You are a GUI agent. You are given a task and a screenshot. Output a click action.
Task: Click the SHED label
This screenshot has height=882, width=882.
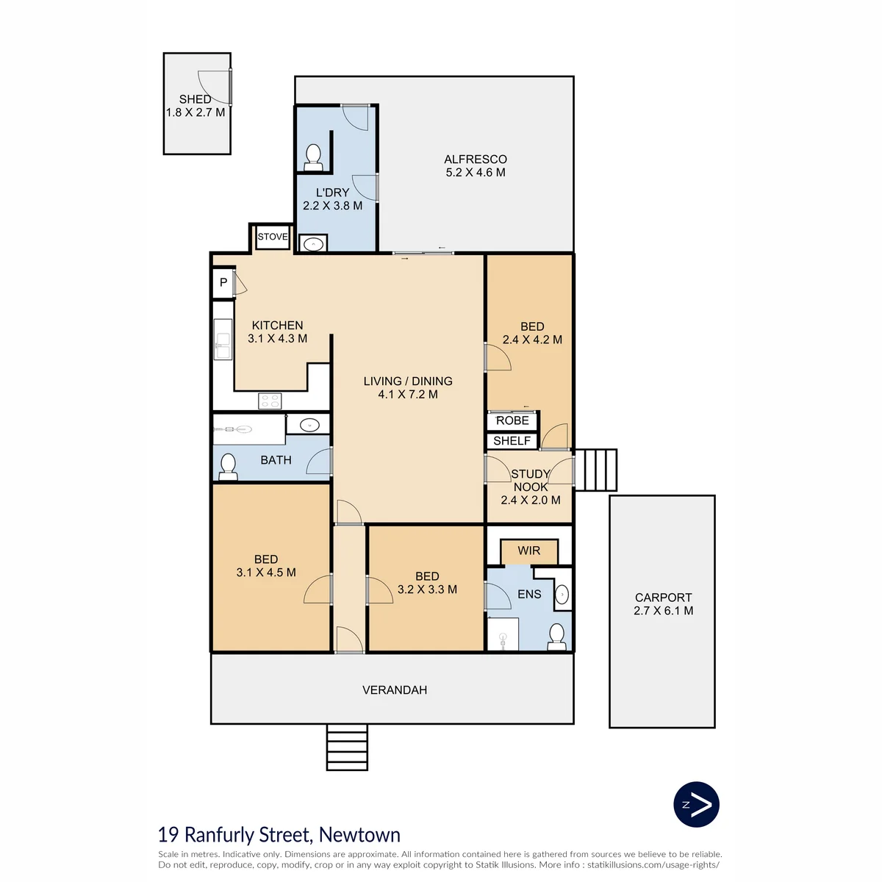[x=195, y=99]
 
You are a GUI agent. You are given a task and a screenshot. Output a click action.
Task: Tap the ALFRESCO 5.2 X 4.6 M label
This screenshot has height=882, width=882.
[x=475, y=165]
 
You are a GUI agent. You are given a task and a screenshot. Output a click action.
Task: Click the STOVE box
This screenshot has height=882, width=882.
[x=273, y=237]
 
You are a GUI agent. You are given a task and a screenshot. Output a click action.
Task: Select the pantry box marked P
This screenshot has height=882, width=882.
[x=223, y=282]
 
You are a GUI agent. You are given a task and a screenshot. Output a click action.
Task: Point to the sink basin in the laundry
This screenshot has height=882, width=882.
[x=314, y=244]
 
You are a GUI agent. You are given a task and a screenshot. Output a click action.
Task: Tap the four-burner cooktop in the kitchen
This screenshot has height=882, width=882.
[x=270, y=401]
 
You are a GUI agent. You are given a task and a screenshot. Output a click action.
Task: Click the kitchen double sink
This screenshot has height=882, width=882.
[x=223, y=339]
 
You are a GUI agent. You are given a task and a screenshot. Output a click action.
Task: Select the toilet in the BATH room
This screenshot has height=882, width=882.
[x=228, y=467]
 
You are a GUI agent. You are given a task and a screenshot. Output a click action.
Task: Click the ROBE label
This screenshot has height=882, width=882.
[x=512, y=420]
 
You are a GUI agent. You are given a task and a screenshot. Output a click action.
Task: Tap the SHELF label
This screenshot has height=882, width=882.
[x=512, y=441]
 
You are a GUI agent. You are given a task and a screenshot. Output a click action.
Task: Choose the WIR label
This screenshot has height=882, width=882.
[x=528, y=551]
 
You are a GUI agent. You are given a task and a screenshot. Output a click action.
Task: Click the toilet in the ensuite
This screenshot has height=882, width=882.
[x=556, y=637]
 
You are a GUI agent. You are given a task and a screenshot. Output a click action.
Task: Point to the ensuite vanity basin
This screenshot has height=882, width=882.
[x=562, y=595]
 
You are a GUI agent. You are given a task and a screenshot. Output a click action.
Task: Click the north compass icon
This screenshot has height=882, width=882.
[x=696, y=804]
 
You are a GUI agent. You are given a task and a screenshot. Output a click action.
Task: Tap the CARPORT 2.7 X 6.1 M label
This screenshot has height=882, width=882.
[x=663, y=603]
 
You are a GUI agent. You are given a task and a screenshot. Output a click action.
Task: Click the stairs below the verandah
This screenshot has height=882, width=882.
[x=347, y=747]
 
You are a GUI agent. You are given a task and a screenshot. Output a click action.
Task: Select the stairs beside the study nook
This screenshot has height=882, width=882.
[x=595, y=470]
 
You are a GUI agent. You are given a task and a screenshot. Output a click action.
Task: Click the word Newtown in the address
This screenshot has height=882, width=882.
[x=359, y=835]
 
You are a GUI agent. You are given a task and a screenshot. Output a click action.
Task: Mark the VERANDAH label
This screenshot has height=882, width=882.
[x=395, y=689]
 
